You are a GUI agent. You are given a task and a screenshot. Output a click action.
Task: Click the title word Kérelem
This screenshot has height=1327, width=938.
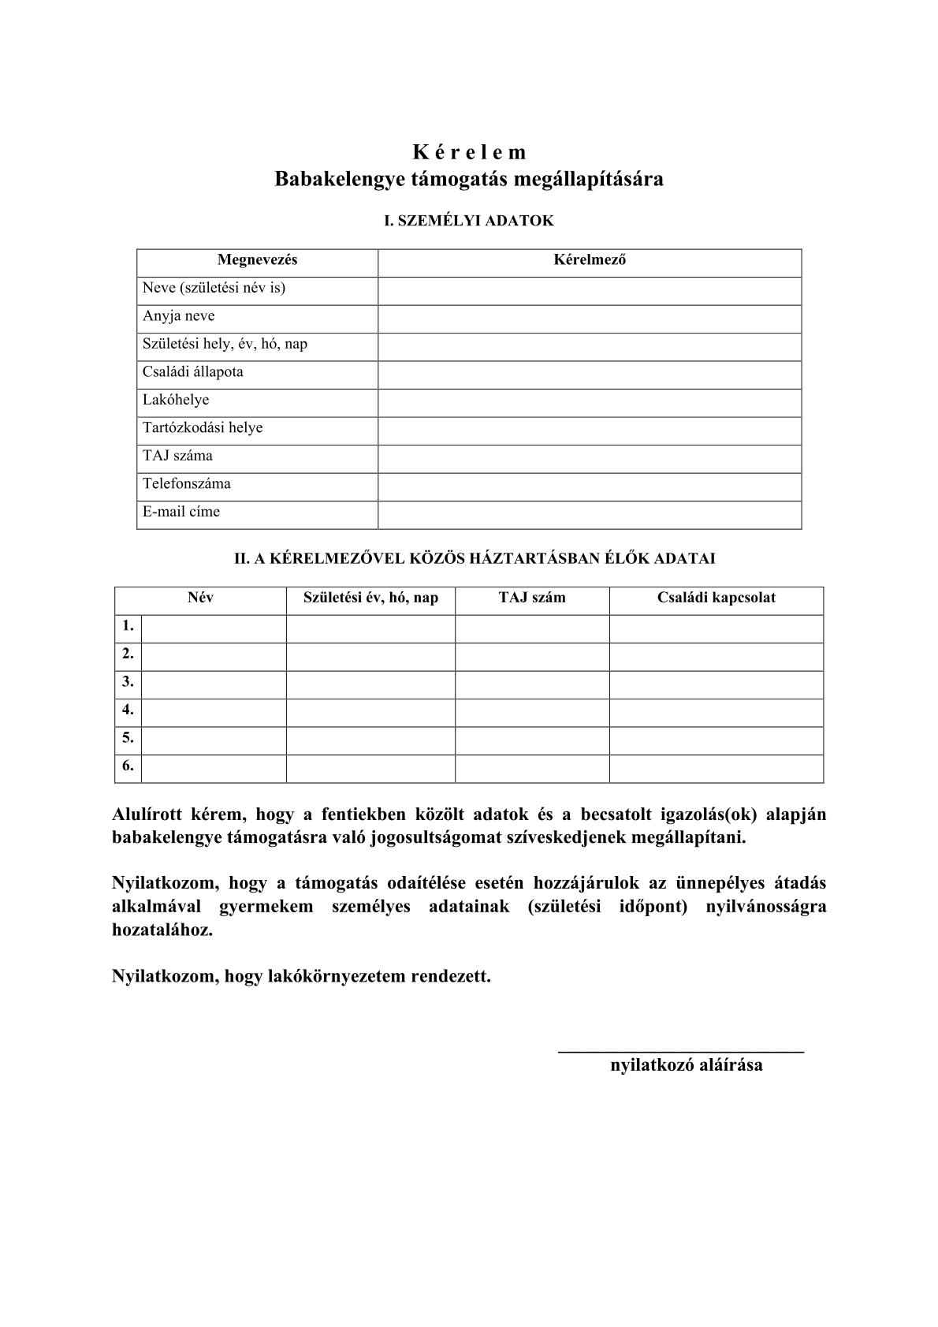click(469, 151)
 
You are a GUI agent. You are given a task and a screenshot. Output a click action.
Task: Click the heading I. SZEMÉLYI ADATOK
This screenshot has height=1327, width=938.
click(468, 221)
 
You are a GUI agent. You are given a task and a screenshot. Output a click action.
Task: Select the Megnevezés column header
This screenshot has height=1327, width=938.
click(257, 259)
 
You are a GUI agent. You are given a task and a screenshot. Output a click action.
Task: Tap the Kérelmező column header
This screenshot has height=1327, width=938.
click(590, 259)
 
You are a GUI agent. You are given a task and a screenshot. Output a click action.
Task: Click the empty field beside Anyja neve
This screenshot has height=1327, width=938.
click(590, 319)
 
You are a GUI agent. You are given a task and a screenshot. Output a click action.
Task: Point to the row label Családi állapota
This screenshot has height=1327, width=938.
click(193, 372)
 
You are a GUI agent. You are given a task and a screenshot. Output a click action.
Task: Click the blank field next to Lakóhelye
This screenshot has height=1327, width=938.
click(590, 402)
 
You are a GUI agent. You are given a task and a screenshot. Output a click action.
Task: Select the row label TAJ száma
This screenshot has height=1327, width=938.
click(177, 456)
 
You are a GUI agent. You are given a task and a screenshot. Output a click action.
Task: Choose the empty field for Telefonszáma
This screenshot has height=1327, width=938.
click(590, 486)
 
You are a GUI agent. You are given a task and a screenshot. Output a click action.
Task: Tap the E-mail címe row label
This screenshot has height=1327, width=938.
click(181, 512)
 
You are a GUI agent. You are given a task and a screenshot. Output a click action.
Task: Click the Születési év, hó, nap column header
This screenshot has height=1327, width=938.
click(370, 598)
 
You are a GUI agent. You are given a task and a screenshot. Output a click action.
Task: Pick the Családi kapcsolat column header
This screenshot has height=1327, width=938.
click(716, 598)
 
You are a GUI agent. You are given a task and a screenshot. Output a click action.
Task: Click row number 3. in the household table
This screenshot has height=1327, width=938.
click(128, 682)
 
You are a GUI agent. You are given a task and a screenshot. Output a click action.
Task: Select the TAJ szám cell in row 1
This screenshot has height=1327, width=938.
click(532, 628)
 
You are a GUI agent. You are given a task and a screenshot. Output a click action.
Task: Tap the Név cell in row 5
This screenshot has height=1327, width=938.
click(214, 740)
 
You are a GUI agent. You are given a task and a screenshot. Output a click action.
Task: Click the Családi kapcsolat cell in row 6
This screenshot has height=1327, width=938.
click(716, 769)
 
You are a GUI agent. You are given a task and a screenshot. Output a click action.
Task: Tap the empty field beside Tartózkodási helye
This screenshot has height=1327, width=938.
click(590, 431)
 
